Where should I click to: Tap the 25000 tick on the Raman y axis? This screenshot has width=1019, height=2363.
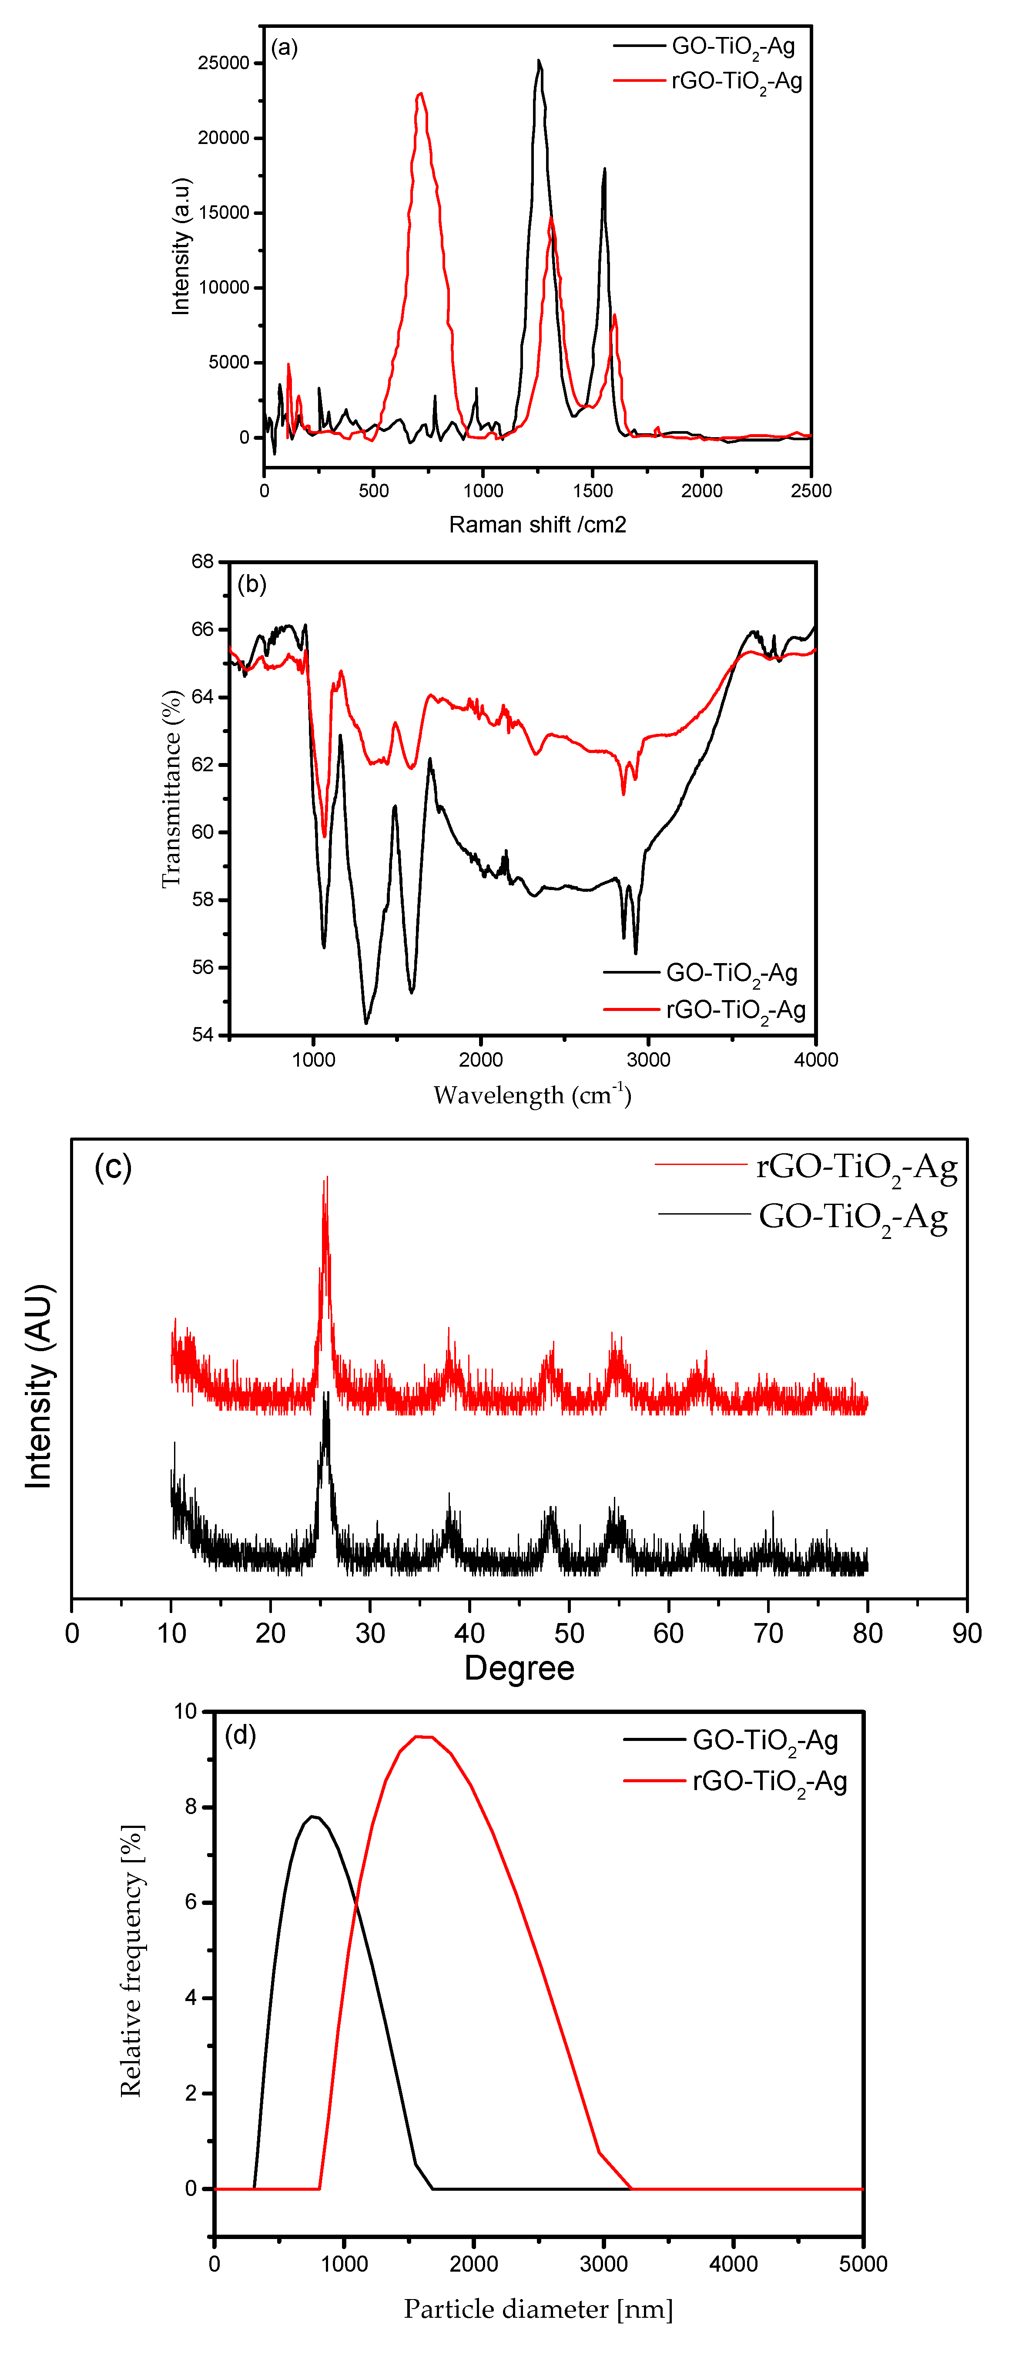(224, 64)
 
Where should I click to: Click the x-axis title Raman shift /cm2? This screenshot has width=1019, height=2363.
(537, 525)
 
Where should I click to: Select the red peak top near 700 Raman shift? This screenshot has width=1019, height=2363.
(420, 94)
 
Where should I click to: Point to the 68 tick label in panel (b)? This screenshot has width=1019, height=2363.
(203, 562)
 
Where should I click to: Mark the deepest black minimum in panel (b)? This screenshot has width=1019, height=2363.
(366, 1022)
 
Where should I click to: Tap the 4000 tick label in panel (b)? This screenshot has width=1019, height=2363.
(815, 1060)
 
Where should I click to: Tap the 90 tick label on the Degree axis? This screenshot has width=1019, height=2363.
(967, 1633)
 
